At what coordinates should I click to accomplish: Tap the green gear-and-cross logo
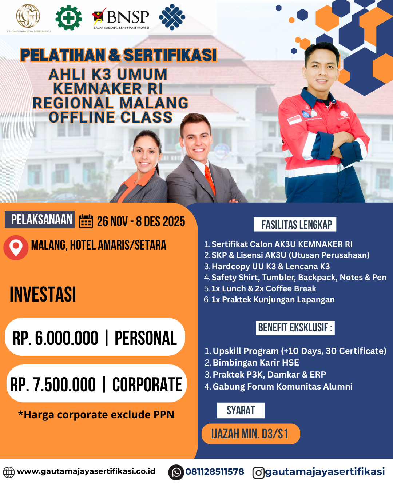[68, 17]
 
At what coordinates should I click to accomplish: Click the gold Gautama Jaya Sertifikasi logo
[28, 16]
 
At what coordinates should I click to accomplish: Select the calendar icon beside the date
[86, 221]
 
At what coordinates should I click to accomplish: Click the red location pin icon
[16, 247]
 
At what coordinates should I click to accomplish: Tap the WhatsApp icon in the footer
[176, 472]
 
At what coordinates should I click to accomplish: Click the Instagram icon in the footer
[258, 473]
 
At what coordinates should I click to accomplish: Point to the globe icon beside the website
[9, 472]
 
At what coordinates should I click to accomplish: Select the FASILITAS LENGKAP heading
[295, 225]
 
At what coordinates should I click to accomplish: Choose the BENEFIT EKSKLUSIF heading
[295, 328]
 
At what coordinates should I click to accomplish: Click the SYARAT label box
[241, 410]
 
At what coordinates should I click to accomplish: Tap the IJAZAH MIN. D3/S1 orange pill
[250, 434]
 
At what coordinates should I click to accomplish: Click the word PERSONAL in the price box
[146, 338]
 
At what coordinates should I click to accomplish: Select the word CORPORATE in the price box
[147, 385]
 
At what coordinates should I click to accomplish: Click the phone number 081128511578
[215, 472]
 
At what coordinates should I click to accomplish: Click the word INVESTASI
[43, 295]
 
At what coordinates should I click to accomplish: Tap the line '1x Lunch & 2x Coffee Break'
[263, 288]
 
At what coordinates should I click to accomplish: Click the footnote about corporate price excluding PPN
[96, 415]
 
